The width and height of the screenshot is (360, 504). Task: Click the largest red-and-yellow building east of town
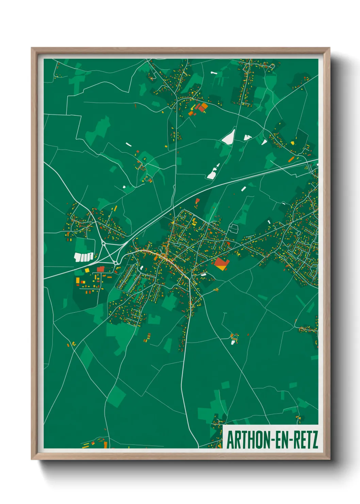(x=221, y=263)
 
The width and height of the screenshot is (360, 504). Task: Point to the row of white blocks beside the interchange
(x=84, y=257)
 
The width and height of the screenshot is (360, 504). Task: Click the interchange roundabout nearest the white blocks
(x=103, y=243)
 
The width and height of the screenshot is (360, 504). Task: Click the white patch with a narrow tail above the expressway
(x=212, y=173)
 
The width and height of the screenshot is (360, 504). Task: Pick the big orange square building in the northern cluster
(x=203, y=107)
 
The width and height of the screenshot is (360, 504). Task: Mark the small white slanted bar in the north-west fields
(x=128, y=144)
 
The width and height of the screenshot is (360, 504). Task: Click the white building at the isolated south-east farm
(x=233, y=342)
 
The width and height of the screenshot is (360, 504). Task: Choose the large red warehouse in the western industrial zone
(x=100, y=269)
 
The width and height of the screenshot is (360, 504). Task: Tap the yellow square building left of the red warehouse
(x=87, y=270)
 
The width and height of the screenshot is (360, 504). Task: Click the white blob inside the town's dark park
(x=141, y=268)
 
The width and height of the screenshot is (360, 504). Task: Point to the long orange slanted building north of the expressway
(x=291, y=159)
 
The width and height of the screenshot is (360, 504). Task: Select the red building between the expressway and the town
(x=197, y=201)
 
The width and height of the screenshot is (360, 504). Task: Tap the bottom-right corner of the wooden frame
(x=329, y=459)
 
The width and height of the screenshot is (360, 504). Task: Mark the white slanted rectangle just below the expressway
(x=243, y=189)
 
